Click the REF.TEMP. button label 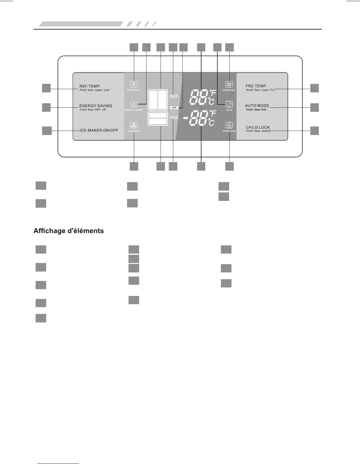[x=90, y=86]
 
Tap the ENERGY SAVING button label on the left [x=96, y=106]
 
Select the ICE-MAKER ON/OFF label [x=99, y=130]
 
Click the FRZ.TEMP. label [x=256, y=86]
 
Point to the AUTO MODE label [x=257, y=106]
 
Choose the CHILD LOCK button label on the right [x=258, y=127]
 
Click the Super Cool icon [x=134, y=85]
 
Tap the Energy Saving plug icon [x=134, y=104]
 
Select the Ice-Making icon [x=134, y=125]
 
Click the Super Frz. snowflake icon [x=229, y=85]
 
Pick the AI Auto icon [x=229, y=104]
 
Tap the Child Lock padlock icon [x=229, y=125]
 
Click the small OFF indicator [x=174, y=108]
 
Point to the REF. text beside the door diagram [x=174, y=96]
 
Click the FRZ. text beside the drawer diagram [x=174, y=117]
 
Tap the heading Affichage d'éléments [x=69, y=231]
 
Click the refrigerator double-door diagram [x=158, y=100]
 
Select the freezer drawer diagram [x=158, y=119]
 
